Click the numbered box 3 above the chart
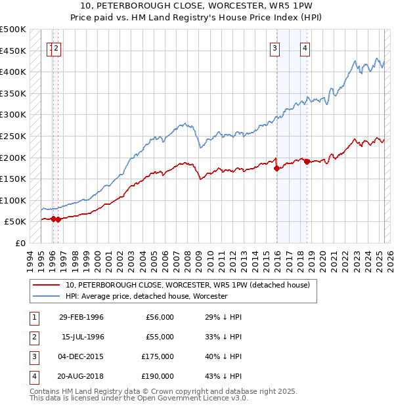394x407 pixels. point(274,47)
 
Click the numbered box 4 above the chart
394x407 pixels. point(306,47)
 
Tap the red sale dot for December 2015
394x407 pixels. point(276,168)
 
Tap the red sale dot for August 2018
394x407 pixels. point(307,161)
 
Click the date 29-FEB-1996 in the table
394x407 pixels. point(81,317)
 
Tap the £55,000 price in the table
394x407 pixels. point(160,337)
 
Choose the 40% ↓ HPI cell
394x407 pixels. point(223,356)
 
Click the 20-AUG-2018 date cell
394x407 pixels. point(81,376)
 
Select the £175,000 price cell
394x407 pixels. point(158,356)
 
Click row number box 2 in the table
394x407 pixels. point(33,337)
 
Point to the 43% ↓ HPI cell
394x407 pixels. point(223,376)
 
